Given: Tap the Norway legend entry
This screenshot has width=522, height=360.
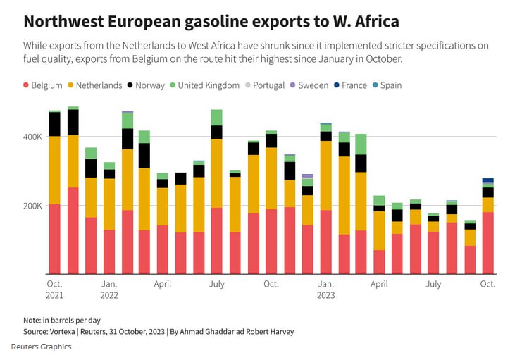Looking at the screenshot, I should point(149,85).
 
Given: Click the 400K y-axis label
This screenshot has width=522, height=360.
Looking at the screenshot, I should point(32,137).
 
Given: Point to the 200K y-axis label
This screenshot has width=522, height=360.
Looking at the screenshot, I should point(32,206).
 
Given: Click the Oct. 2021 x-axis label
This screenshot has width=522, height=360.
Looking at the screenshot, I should point(54,290).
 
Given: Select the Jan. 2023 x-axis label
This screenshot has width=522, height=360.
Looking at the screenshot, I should point(325,290).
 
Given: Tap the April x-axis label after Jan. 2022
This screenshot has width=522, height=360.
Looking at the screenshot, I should point(163,285).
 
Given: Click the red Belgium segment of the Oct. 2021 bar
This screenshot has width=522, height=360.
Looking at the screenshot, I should point(54,239).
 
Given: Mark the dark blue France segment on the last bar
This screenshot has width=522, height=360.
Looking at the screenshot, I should point(487,180).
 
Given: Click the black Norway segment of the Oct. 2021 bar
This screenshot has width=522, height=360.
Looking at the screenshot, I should point(54,124).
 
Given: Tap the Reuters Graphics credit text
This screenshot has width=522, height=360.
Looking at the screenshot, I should point(41,347).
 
